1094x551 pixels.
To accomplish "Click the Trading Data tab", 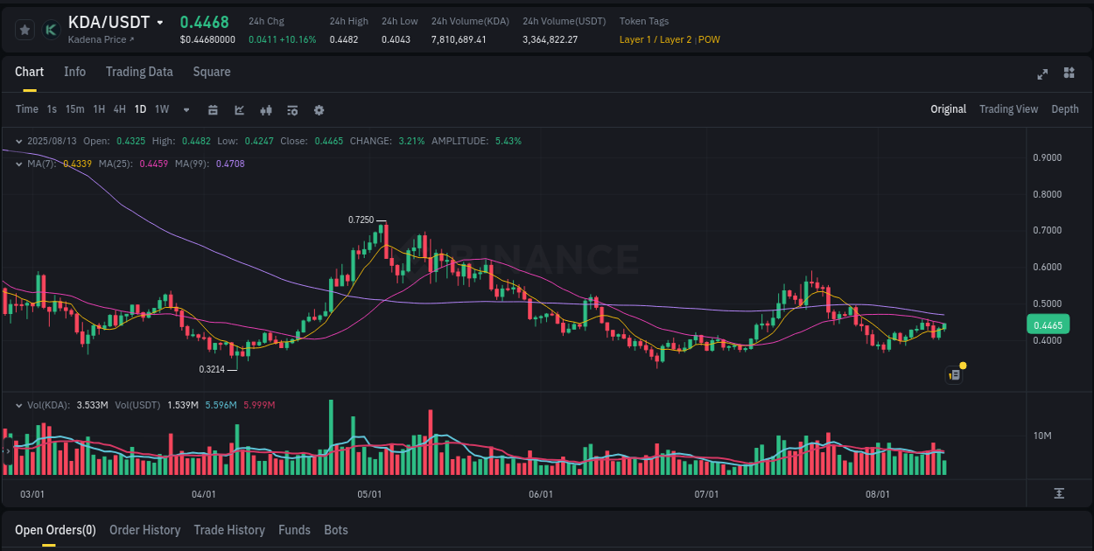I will click(x=139, y=72).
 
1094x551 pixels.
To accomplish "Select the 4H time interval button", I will click(x=119, y=109).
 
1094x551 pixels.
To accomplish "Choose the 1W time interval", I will click(x=162, y=109).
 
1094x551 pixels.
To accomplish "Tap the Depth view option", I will click(x=1064, y=109).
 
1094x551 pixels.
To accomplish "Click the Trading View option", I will click(x=1008, y=109).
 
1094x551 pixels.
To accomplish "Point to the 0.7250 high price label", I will click(x=361, y=220).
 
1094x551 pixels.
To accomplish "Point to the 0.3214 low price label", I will click(x=212, y=369).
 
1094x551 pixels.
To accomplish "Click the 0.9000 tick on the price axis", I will click(x=1048, y=157).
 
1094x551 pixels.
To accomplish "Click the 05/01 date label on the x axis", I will click(x=369, y=494).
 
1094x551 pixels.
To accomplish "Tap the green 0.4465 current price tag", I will click(x=1047, y=325).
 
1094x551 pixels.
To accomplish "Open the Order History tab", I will click(x=144, y=530).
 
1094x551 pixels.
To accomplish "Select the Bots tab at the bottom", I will click(x=335, y=530).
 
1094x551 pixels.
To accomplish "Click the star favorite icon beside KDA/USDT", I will click(x=25, y=30).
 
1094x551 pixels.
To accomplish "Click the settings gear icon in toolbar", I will click(x=319, y=110).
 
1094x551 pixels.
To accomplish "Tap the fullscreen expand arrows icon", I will click(x=1041, y=73).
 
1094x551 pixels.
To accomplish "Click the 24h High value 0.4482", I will click(x=344, y=39).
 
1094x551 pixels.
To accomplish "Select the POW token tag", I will click(x=709, y=39).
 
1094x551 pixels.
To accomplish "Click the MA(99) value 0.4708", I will click(x=230, y=164).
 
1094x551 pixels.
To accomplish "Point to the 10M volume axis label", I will click(x=1041, y=436).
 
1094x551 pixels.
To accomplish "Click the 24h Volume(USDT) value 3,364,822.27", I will click(x=550, y=39).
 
